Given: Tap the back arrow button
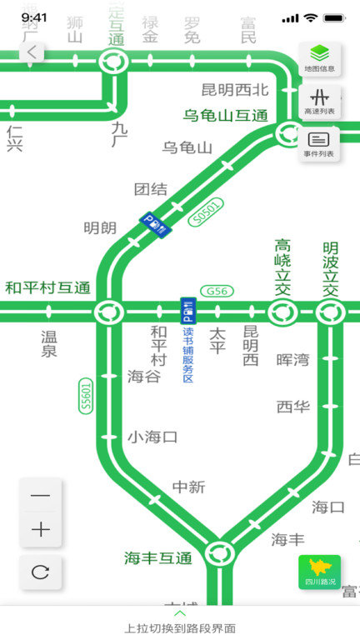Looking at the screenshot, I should (32, 52).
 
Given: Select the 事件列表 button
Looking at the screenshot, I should (319, 143).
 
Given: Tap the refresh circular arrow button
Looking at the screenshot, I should (41, 572).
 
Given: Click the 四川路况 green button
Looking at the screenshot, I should (319, 572).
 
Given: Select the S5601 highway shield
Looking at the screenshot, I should (87, 395).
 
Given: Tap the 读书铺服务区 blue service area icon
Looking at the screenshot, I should (187, 311).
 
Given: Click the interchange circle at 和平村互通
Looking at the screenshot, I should (107, 312).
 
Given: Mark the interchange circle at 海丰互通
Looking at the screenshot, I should (219, 552).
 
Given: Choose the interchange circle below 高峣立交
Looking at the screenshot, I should (282, 312).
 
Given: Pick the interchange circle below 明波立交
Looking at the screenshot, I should (330, 312).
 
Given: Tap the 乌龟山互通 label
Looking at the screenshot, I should (226, 115).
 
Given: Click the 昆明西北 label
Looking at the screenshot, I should (235, 89).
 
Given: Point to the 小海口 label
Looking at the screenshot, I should (152, 437).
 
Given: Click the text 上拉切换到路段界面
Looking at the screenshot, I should (180, 628).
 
